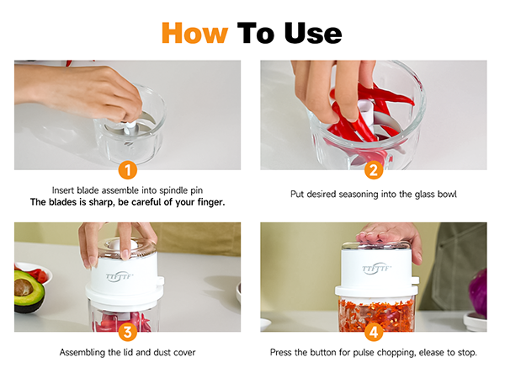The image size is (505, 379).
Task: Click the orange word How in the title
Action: click(195, 33)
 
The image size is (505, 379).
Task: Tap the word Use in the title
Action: click(313, 33)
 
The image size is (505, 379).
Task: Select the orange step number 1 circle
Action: click(128, 170)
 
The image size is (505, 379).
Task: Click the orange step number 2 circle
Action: click(374, 170)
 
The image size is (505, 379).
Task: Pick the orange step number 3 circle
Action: click(128, 332)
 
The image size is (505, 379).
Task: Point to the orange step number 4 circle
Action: click(374, 332)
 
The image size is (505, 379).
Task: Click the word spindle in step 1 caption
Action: click(174, 190)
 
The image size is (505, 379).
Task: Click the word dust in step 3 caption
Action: click(162, 352)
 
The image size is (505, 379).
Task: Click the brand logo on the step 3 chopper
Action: click(120, 277)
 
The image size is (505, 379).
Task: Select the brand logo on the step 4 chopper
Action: click(376, 269)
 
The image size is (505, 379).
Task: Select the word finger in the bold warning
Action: click(210, 202)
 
